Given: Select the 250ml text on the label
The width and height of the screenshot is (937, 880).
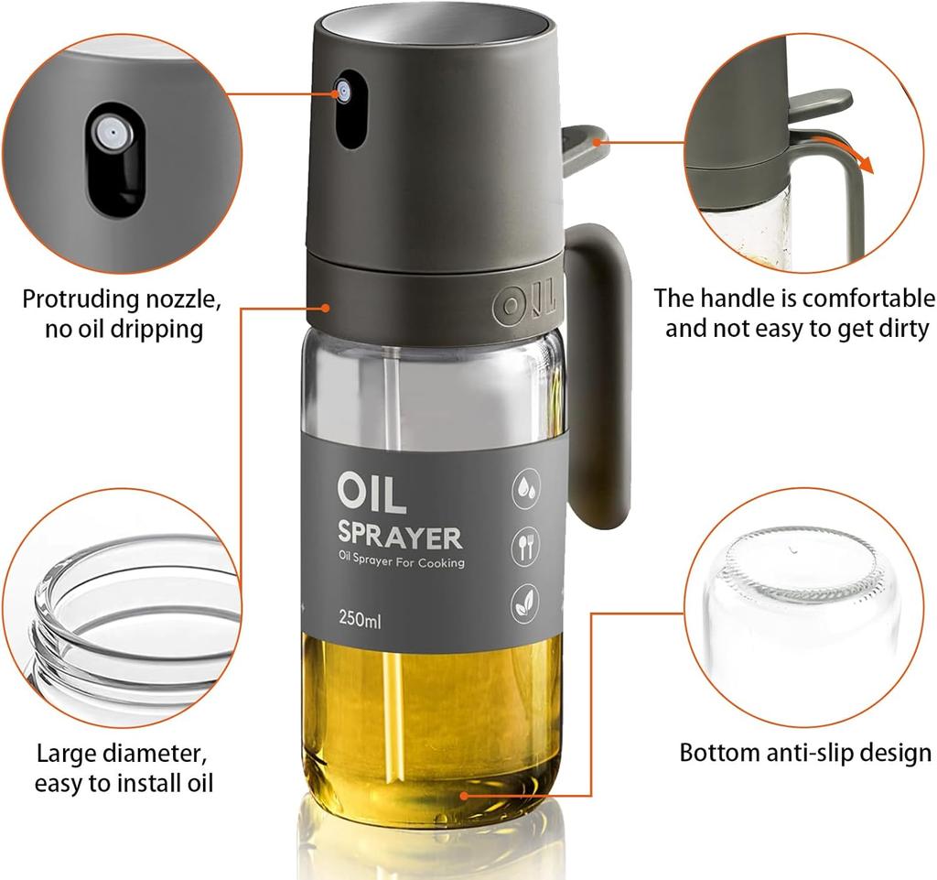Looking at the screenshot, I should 360,621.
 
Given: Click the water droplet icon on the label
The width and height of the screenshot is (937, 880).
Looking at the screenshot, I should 525,489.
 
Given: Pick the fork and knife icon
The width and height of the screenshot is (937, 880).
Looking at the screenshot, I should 525,547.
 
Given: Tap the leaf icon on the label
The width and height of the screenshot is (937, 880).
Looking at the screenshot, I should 525,604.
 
